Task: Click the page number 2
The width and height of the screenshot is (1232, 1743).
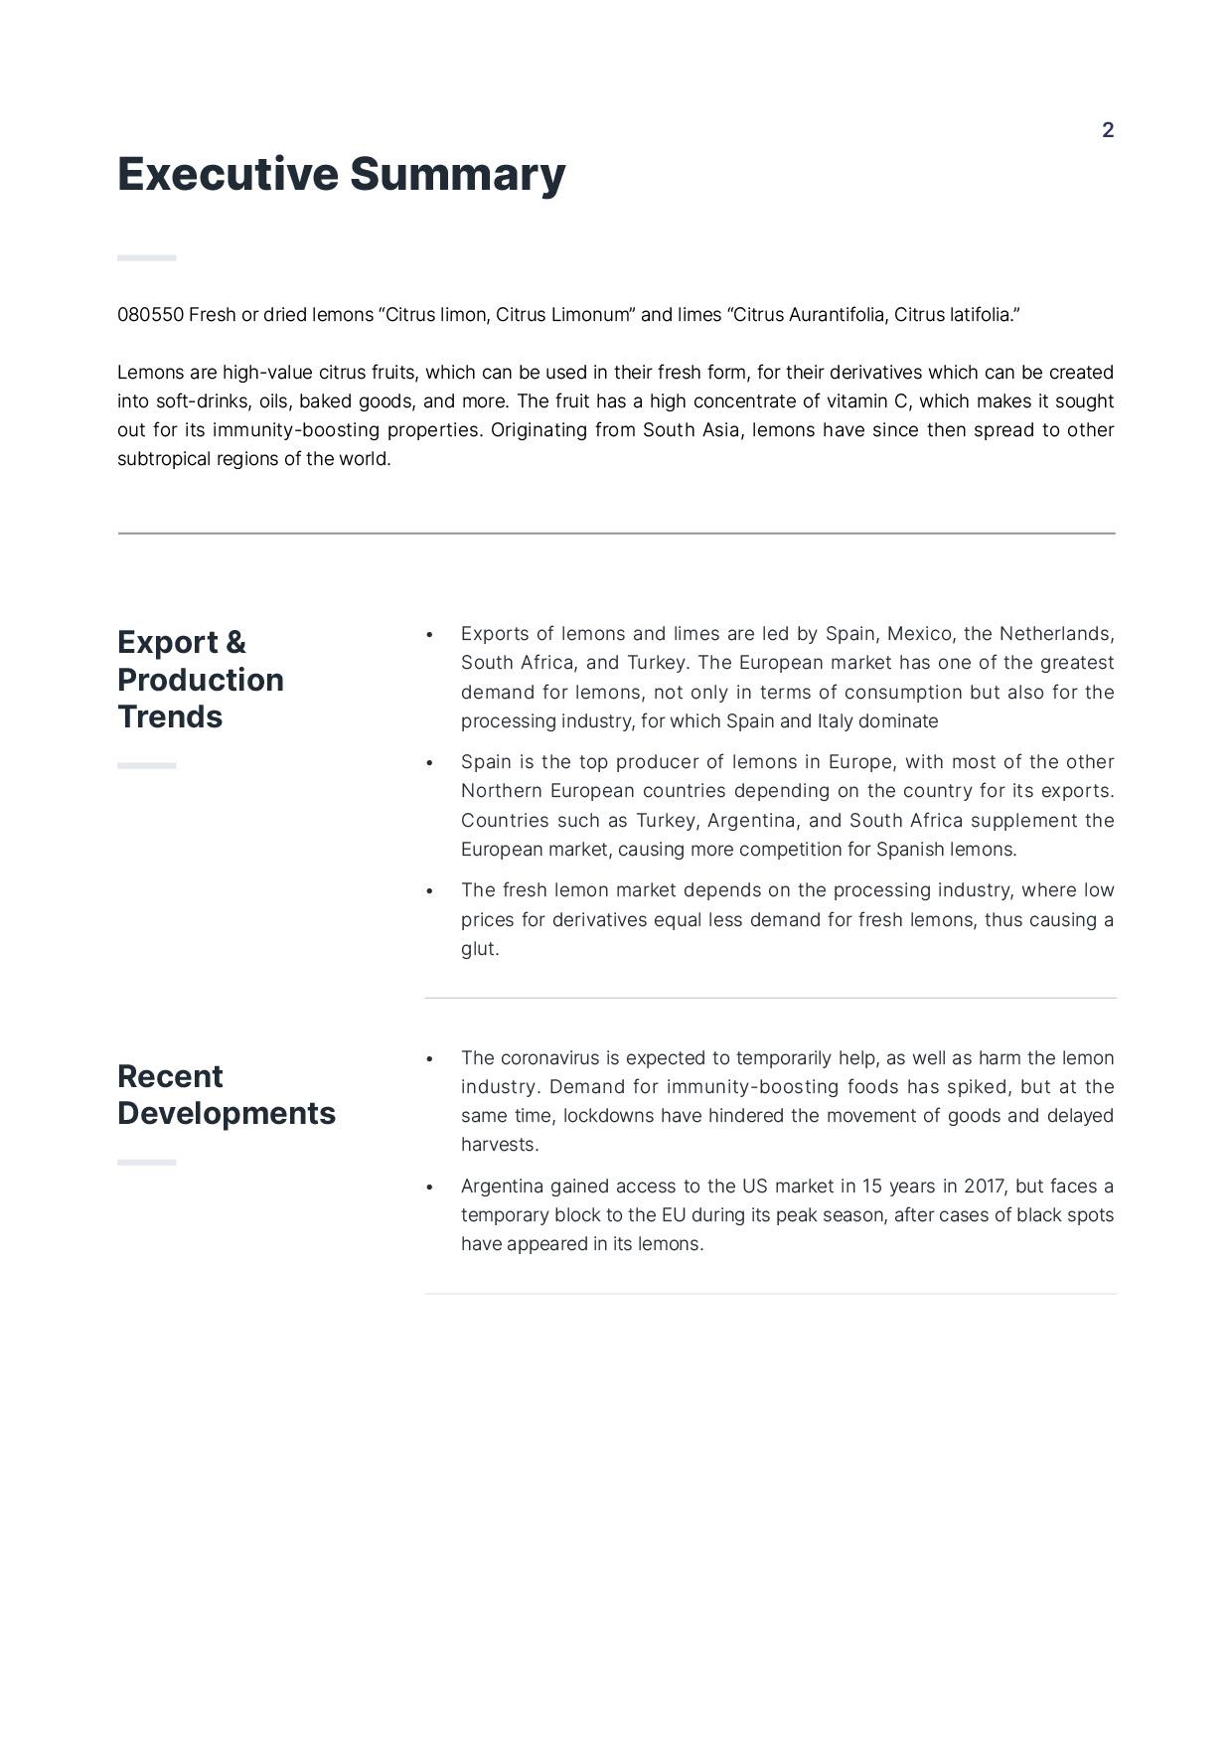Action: (x=1108, y=130)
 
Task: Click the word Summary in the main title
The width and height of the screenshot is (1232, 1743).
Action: (x=457, y=174)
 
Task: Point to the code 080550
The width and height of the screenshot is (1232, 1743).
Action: (x=150, y=315)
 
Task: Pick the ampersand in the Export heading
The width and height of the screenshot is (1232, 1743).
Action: (x=235, y=643)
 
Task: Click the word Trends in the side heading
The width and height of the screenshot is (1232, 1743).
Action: (x=170, y=717)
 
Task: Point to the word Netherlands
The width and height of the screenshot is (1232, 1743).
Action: (x=1056, y=634)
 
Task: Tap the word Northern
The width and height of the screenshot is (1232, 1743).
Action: (x=501, y=791)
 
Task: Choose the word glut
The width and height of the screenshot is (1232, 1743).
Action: (x=479, y=949)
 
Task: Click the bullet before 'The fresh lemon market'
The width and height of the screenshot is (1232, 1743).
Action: (x=429, y=891)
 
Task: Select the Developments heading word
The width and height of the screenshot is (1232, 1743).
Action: (x=227, y=1114)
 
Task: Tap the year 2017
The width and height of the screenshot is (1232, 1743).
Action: (x=984, y=1187)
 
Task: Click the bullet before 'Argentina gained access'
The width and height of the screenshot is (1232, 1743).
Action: (x=429, y=1188)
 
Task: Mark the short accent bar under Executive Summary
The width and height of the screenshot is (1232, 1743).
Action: (x=147, y=258)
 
